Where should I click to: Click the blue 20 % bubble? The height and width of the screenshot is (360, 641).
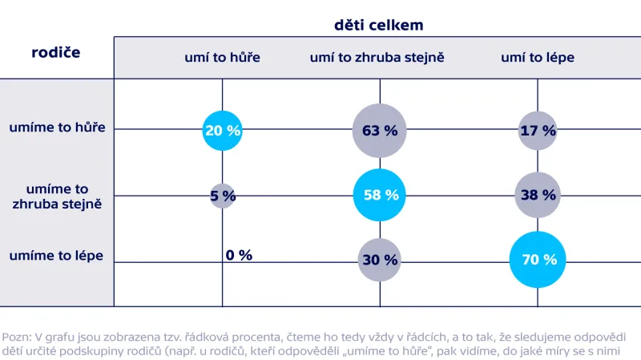tap(222, 131)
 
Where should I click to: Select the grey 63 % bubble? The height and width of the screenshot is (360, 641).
tap(380, 131)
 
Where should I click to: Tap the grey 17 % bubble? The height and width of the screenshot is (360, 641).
tap(537, 131)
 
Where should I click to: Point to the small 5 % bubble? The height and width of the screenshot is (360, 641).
tap(223, 195)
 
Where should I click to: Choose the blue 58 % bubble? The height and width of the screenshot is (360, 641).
tap(380, 195)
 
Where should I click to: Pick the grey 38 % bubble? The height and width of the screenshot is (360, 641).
tap(537, 195)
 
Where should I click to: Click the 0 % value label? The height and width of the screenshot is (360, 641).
tap(239, 255)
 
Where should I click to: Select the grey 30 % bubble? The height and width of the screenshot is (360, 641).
tap(380, 260)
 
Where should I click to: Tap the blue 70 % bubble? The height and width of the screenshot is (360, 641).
tap(537, 259)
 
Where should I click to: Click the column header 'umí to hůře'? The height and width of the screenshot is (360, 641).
tap(222, 58)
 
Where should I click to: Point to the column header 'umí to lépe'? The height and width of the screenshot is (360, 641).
tap(537, 58)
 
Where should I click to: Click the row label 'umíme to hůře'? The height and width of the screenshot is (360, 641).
tap(57, 127)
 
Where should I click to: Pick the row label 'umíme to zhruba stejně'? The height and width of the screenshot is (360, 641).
tap(57, 196)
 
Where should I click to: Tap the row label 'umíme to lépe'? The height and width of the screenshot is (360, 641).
tap(57, 256)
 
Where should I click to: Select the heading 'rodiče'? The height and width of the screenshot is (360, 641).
tap(56, 52)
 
